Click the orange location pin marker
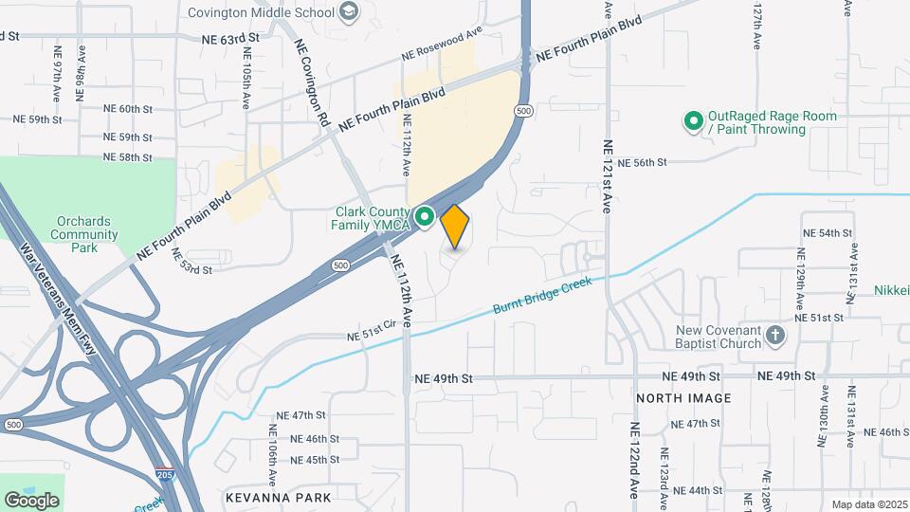(455, 226)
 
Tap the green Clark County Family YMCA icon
(426, 218)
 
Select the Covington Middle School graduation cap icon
(350, 11)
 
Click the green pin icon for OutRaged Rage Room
(693, 121)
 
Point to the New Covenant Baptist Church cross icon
(775, 336)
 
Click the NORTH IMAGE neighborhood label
(683, 398)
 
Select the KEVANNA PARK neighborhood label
(279, 497)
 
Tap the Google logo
(32, 500)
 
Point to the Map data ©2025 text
(868, 504)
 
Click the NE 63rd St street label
(230, 39)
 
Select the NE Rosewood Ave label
(442, 44)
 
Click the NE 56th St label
(643, 163)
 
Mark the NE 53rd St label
(191, 269)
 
